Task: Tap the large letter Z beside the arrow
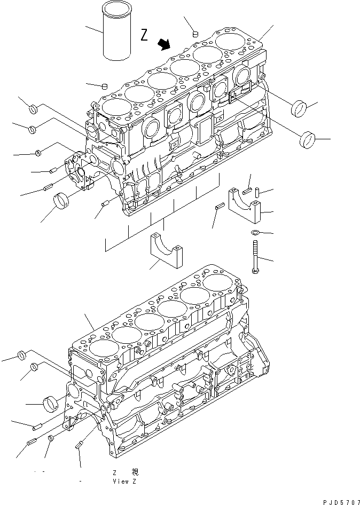pos(144,35)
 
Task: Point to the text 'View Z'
pos(124,482)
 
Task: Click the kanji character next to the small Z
pos(135,472)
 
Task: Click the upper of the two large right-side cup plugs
pos(299,108)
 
